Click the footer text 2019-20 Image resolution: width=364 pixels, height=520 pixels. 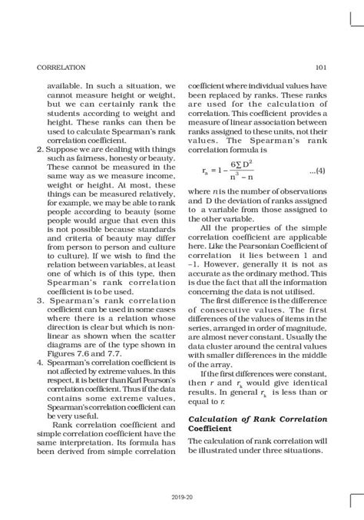tap(182, 497)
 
